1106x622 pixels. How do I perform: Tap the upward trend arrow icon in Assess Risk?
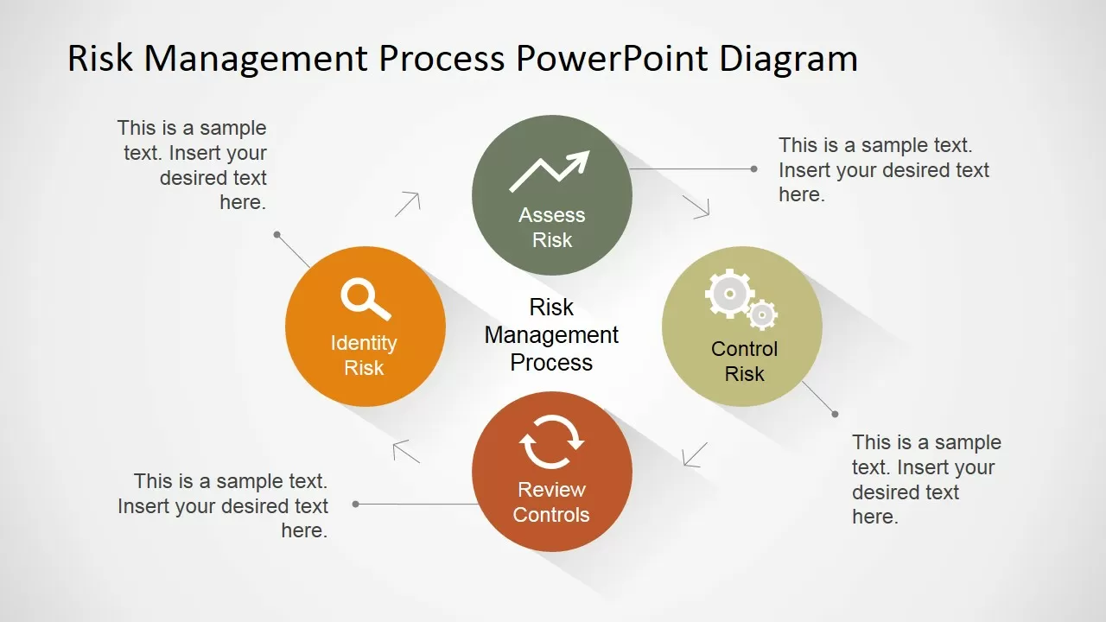click(x=550, y=170)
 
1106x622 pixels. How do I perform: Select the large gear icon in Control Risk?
click(x=729, y=294)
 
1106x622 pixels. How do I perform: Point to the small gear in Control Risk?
click(x=761, y=314)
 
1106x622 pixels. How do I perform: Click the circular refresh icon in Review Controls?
click(x=551, y=442)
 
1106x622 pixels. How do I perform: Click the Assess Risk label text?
click(x=552, y=227)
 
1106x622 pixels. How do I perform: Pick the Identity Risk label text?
click(x=364, y=355)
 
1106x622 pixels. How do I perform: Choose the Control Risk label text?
click(x=744, y=361)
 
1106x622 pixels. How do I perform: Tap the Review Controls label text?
click(x=551, y=502)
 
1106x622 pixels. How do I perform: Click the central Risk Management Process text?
click(x=551, y=334)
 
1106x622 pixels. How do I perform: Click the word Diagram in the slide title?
click(x=789, y=59)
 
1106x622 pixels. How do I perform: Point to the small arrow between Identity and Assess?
click(x=408, y=204)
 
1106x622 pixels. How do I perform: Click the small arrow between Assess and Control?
click(x=696, y=206)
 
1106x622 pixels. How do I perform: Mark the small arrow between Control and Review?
click(x=695, y=454)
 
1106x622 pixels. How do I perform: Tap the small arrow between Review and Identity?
click(x=406, y=451)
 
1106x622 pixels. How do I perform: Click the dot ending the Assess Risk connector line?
click(x=753, y=169)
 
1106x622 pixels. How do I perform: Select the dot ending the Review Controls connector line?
click(x=356, y=504)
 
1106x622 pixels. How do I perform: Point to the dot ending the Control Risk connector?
click(x=835, y=414)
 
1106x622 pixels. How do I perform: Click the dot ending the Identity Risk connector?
click(x=277, y=235)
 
